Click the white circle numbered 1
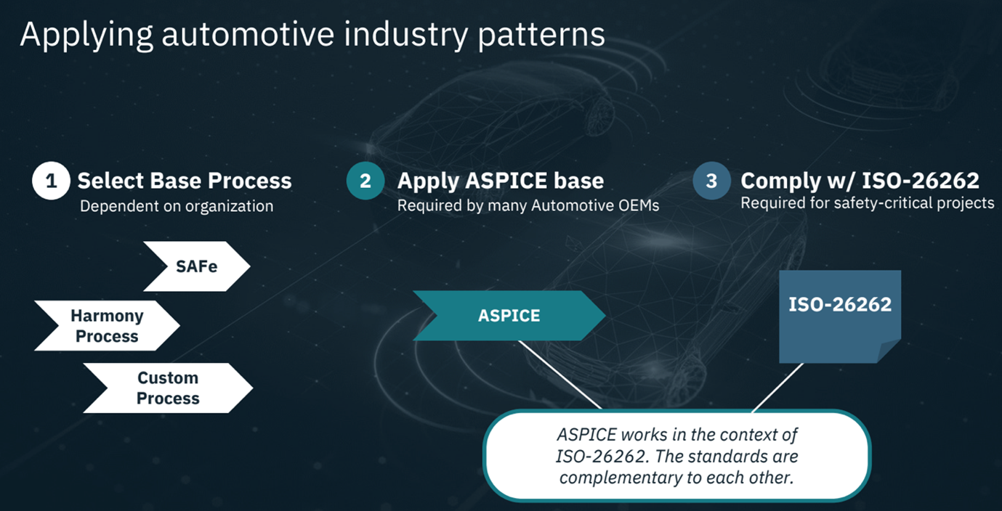coord(51,181)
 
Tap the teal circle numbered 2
coord(365,181)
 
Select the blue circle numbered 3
coord(711,181)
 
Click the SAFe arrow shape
coord(197,266)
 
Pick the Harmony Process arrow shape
coord(108,325)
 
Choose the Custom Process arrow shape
coord(168,388)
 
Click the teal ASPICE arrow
coord(509,315)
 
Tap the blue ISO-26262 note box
coord(840,316)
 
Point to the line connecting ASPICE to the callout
coord(560,375)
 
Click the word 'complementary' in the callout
coord(620,478)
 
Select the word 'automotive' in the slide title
coord(248,34)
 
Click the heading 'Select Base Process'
coord(185,181)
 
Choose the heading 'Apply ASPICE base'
coord(501,181)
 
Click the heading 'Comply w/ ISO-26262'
coord(860,181)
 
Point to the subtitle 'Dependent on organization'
coord(177,206)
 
